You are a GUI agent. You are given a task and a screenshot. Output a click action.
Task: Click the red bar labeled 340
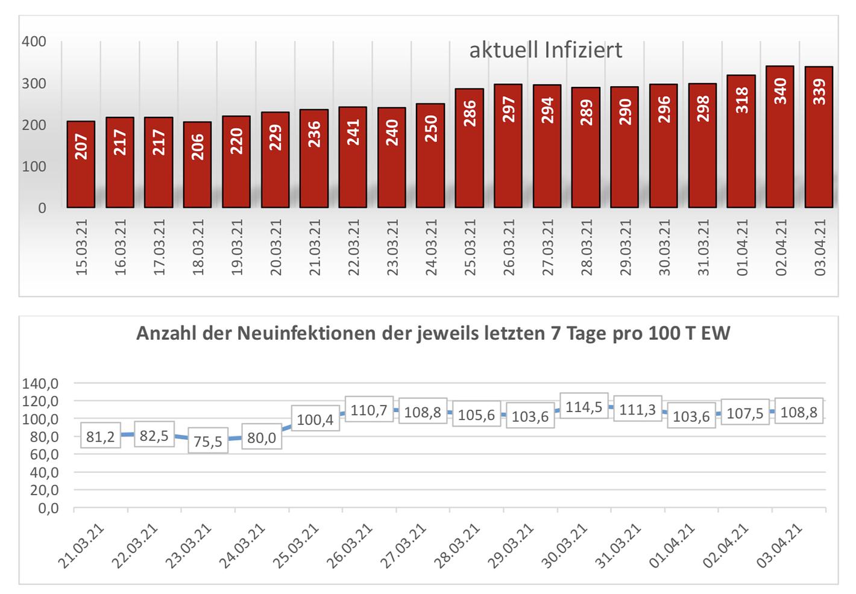780,137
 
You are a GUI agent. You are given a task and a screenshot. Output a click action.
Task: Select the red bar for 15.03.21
81,164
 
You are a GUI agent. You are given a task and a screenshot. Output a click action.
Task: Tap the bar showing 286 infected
469,148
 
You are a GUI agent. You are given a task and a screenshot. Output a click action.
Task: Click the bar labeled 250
430,155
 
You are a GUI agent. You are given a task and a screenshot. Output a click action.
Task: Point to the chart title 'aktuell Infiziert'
546,50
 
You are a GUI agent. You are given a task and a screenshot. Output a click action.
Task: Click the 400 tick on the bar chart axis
34,42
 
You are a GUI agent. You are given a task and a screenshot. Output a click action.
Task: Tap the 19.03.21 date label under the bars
236,247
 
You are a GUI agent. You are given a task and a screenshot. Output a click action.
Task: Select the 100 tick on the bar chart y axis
34,166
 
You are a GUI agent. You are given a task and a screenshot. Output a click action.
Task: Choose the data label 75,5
208,441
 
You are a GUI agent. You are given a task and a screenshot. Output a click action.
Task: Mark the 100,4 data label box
315,419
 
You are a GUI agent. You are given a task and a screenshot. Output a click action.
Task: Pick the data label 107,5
744,413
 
